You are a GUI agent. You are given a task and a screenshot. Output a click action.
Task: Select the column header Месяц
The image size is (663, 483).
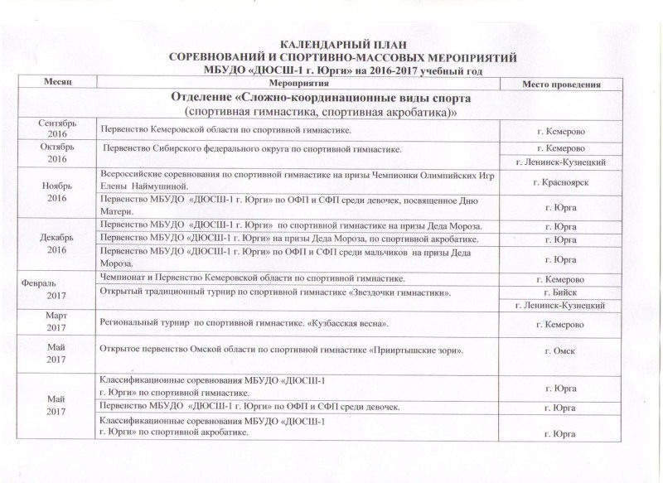(57, 85)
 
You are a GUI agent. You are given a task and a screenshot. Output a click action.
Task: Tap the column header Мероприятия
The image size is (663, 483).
(297, 85)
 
